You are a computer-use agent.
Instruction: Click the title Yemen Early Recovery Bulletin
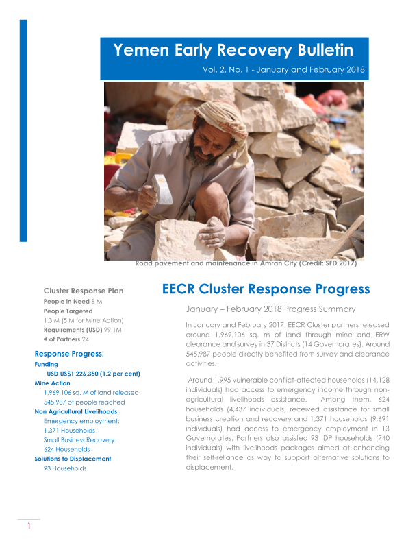pos(233,50)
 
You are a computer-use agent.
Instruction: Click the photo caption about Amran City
pos(246,263)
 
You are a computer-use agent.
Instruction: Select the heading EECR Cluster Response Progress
pos(266,289)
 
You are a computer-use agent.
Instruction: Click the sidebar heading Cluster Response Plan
pos(84,291)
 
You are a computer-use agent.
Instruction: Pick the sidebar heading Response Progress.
pos(69,354)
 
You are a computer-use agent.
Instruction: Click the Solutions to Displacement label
pos(73,458)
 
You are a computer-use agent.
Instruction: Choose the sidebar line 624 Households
pos(66,448)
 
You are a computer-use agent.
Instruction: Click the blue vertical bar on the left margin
pos(23,130)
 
